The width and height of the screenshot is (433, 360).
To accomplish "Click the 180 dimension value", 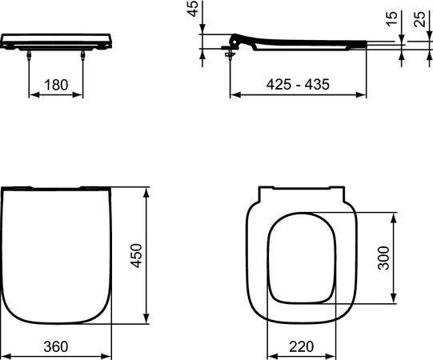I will point(55,84).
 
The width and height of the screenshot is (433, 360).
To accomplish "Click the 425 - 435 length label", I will point(297,84).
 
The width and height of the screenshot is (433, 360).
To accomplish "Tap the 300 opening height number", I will point(383,258).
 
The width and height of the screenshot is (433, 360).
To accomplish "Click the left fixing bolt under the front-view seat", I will point(30,54).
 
